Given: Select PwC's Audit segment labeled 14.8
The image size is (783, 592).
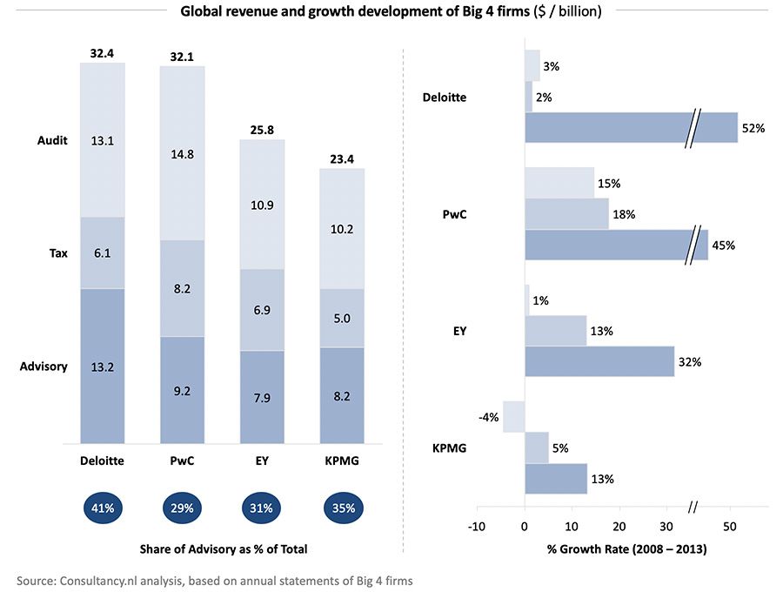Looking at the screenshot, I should [x=182, y=153].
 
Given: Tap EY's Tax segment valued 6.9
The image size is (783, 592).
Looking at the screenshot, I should [x=262, y=310].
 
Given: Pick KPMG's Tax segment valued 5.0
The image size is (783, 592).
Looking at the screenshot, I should [x=342, y=318].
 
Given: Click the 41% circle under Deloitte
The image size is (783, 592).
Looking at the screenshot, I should [x=103, y=508].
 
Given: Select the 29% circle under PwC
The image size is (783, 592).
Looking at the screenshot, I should [x=182, y=508].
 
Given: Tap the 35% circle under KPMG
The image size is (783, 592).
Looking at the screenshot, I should [x=342, y=508].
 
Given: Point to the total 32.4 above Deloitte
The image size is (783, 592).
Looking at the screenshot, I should [x=103, y=54].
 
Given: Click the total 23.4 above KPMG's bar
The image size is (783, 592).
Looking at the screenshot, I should [x=342, y=158].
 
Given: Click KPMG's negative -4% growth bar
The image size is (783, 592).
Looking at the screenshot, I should [x=513, y=416].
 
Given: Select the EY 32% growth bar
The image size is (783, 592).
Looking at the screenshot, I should [x=599, y=360].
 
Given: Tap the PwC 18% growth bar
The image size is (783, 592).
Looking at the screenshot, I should [x=565, y=214].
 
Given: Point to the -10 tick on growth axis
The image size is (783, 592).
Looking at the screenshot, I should [x=476, y=527].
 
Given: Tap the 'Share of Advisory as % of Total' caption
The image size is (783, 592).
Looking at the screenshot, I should [x=224, y=549].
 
